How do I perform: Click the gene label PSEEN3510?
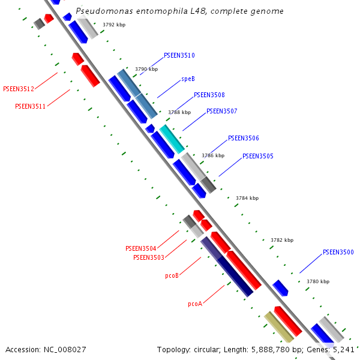[179, 55]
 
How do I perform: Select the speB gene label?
[188, 79]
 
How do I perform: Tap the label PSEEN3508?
[209, 95]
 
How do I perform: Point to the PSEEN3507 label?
[221, 111]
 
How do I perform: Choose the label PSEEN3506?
[243, 138]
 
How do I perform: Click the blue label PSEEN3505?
[257, 156]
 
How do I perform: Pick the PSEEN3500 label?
[338, 252]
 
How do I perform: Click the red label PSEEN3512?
[19, 89]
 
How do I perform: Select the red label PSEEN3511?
[30, 106]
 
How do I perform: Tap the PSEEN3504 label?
[140, 248]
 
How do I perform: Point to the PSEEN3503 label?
[148, 257]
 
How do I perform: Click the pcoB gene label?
[172, 276]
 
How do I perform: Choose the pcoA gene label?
[194, 304]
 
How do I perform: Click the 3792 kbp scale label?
[114, 25]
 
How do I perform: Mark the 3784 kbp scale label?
[247, 198]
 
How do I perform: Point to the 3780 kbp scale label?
[317, 281]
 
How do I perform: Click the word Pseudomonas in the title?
[100, 11]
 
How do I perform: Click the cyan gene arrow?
[172, 138]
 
